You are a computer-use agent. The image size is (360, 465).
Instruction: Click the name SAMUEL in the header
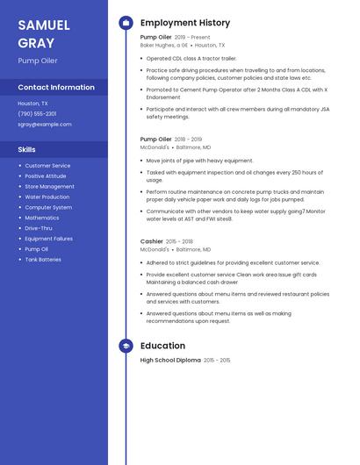(x=44, y=25)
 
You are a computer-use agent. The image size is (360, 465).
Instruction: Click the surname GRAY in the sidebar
(x=36, y=43)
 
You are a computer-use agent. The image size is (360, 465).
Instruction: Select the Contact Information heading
(x=56, y=87)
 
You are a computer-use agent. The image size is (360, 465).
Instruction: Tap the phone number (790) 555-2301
(x=37, y=113)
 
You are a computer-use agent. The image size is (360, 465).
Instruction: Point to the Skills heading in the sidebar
(x=26, y=149)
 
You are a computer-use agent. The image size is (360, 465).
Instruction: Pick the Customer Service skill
(x=47, y=166)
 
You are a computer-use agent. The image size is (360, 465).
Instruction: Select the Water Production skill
(x=47, y=197)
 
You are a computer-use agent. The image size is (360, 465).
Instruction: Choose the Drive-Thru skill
(x=39, y=228)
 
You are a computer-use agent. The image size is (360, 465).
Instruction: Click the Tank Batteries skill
(x=43, y=260)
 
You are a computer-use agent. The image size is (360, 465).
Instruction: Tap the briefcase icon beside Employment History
(x=126, y=23)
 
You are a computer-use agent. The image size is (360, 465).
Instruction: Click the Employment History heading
(x=185, y=23)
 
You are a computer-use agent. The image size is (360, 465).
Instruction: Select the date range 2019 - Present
(x=193, y=38)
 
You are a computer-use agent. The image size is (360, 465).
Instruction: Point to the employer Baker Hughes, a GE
(x=164, y=45)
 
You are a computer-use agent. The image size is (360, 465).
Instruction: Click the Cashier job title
(x=152, y=241)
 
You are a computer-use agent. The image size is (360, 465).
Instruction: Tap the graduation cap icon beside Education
(x=126, y=346)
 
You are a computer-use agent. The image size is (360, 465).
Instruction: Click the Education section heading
(x=162, y=346)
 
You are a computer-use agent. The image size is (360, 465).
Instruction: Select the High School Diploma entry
(x=170, y=361)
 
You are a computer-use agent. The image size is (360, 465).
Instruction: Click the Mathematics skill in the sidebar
(x=42, y=218)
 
